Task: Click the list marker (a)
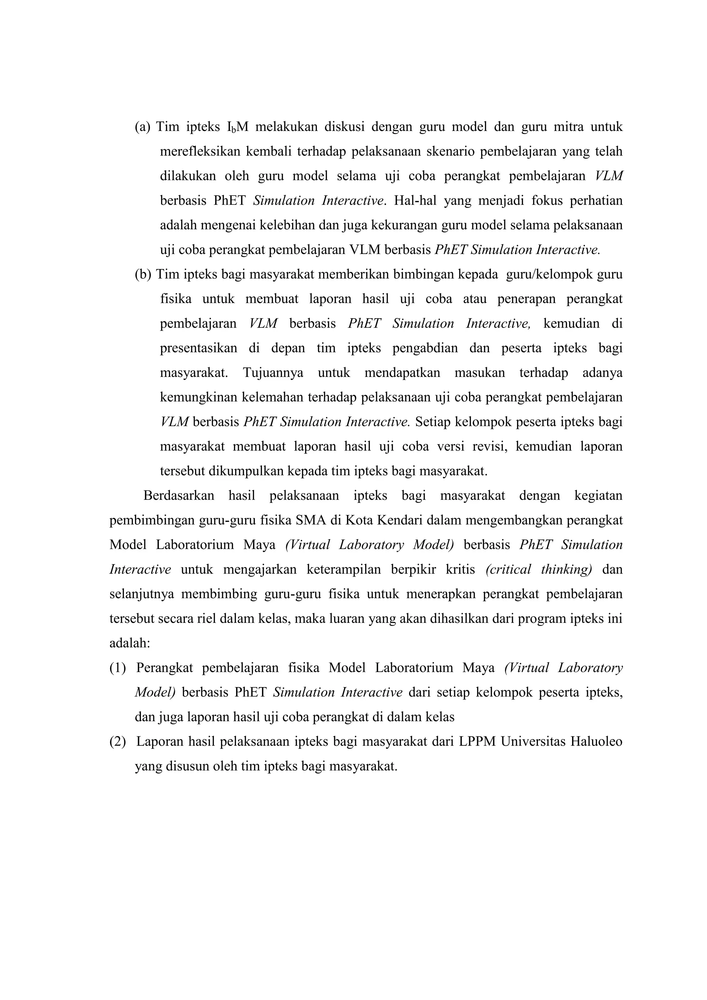point(142,127)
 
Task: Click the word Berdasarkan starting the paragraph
point(179,496)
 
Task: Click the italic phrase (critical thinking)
point(539,570)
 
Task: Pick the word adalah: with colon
point(130,643)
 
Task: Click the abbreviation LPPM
point(477,742)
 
